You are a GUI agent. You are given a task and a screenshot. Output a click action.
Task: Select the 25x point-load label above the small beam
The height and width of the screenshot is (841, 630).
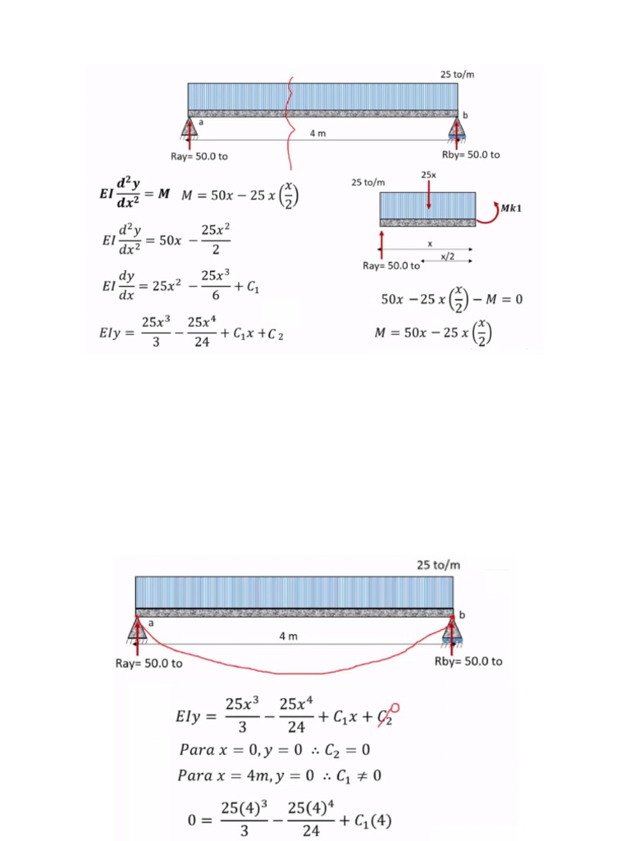pyautogui.click(x=428, y=175)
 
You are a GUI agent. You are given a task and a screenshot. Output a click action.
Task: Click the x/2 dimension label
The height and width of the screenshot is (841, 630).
pyautogui.click(x=447, y=257)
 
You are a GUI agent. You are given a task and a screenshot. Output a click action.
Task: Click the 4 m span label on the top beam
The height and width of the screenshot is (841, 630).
pyautogui.click(x=317, y=133)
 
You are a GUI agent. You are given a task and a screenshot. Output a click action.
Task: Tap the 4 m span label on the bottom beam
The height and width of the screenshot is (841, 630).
pyautogui.click(x=288, y=636)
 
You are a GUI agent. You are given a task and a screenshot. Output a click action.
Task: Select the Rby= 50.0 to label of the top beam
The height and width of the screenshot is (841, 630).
pyautogui.click(x=471, y=155)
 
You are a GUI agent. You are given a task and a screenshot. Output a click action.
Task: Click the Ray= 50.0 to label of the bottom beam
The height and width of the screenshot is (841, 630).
pyautogui.click(x=149, y=664)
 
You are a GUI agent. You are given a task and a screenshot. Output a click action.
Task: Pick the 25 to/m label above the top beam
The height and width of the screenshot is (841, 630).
pyautogui.click(x=457, y=75)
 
